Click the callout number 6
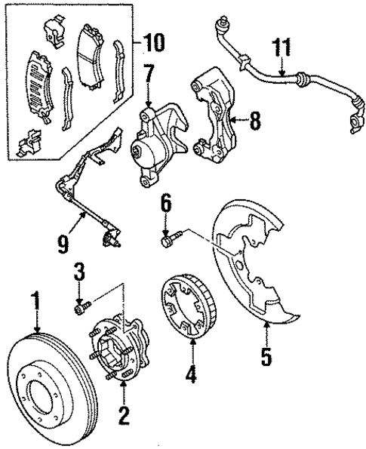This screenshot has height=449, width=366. tap(166, 204)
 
